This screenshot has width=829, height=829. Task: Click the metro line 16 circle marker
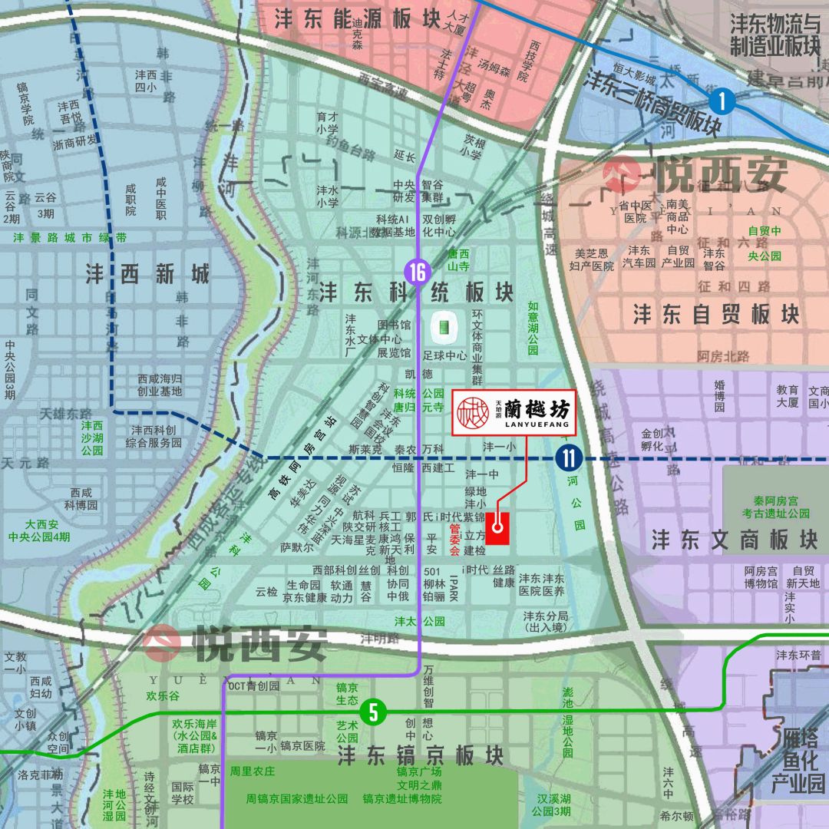tap(418, 272)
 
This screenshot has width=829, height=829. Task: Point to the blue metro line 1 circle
tap(722, 101)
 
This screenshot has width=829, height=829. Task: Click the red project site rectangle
tap(497, 525)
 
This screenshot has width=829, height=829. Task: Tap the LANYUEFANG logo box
tap(513, 414)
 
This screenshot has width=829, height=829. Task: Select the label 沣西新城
tap(147, 274)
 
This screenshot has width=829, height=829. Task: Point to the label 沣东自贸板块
tap(715, 314)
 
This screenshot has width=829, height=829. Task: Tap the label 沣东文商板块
tap(734, 540)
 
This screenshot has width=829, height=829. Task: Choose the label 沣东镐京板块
tap(421, 755)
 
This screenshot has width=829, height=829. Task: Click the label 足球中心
tap(445, 356)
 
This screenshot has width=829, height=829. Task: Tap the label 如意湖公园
tap(533, 329)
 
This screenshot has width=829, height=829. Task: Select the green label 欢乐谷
tap(163, 696)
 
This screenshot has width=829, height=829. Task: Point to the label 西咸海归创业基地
tap(160, 385)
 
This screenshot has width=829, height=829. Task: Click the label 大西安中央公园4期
tap(36, 530)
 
